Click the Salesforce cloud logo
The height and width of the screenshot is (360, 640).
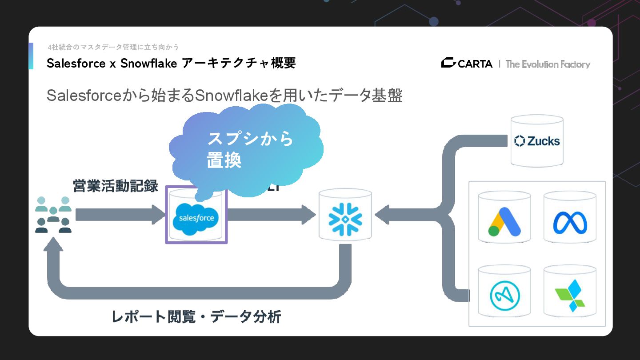[196, 218]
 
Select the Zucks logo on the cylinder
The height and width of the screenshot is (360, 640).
[536, 141]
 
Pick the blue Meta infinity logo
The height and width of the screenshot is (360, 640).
[570, 223]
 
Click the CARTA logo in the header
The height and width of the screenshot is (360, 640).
[467, 64]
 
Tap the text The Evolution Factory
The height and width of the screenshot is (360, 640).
[548, 64]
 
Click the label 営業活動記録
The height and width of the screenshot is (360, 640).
[116, 186]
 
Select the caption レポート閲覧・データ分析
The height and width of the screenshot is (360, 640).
[196, 317]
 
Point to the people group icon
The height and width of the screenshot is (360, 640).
[53, 215]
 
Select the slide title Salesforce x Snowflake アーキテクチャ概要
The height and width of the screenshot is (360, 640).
[171, 63]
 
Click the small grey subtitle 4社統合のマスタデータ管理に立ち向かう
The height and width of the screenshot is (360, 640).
[113, 47]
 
